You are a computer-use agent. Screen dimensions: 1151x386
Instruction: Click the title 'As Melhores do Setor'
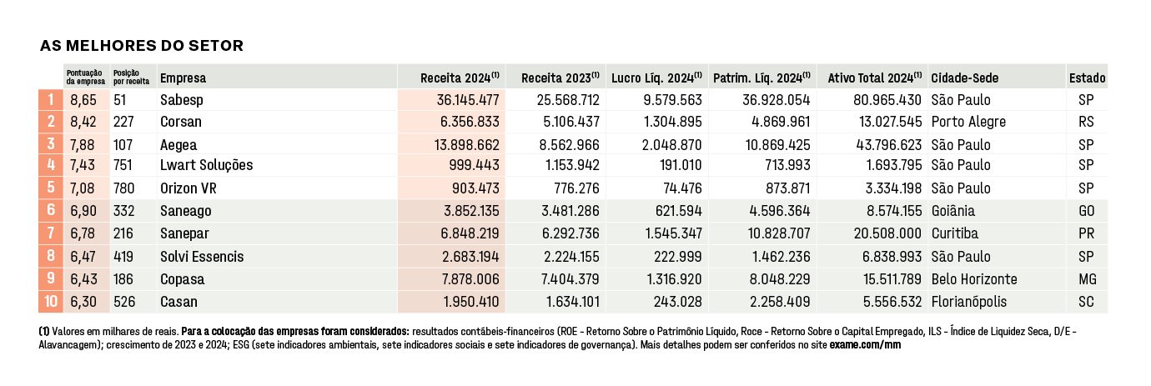click(x=142, y=46)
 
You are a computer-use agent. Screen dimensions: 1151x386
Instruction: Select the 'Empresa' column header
click(x=183, y=78)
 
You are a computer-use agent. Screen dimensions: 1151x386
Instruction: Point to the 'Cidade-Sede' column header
click(x=964, y=78)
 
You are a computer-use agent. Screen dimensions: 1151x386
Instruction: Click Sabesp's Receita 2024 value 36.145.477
click(x=468, y=99)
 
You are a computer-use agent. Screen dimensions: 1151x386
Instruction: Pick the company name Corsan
click(x=181, y=122)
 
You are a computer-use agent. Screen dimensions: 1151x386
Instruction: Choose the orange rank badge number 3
click(x=51, y=143)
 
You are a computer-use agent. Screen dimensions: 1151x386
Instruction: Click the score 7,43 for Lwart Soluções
click(x=83, y=165)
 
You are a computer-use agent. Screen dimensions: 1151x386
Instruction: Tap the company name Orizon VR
click(x=188, y=188)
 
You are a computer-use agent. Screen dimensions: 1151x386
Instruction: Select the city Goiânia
click(x=952, y=211)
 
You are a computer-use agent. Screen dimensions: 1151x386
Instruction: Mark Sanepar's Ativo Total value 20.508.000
click(x=887, y=233)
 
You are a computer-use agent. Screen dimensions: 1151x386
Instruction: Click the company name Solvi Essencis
click(x=202, y=257)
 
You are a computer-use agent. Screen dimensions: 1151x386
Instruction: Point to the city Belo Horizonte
click(x=974, y=279)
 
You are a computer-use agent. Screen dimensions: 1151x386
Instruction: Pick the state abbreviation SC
click(x=1086, y=302)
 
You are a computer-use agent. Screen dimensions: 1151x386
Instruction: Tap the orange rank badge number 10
click(x=51, y=301)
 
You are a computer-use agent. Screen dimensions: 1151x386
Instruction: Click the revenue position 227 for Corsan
click(x=123, y=122)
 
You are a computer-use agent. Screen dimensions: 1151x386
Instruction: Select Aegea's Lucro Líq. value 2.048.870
click(x=671, y=145)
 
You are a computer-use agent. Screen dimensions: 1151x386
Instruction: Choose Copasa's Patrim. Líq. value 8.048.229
click(x=780, y=279)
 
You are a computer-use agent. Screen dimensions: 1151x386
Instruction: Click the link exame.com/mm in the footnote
click(x=865, y=345)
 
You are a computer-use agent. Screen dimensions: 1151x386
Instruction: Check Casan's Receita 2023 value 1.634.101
click(x=572, y=302)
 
